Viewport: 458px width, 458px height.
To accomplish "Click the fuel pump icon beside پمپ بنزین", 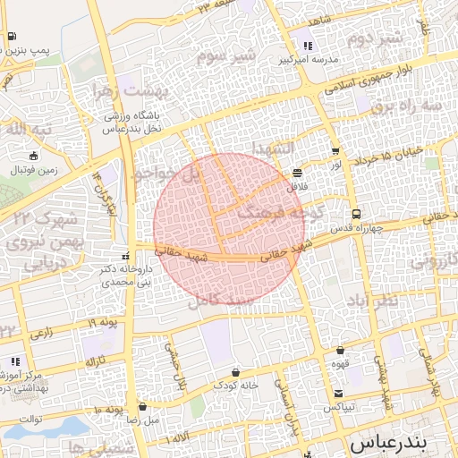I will [x=11, y=37].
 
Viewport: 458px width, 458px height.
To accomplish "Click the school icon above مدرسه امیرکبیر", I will [x=308, y=45].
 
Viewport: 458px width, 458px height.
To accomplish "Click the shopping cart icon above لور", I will [x=335, y=152].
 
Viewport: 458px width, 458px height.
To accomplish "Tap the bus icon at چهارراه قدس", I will [x=357, y=215].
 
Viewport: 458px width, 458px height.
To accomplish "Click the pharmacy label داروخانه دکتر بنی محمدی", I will [x=112, y=274].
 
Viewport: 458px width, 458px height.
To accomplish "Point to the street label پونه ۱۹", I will [x=104, y=321].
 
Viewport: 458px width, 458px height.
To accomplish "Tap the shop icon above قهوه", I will [x=341, y=351].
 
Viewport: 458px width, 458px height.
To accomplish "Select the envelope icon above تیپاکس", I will [x=338, y=394].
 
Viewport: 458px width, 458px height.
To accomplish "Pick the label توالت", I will [x=30, y=419].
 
